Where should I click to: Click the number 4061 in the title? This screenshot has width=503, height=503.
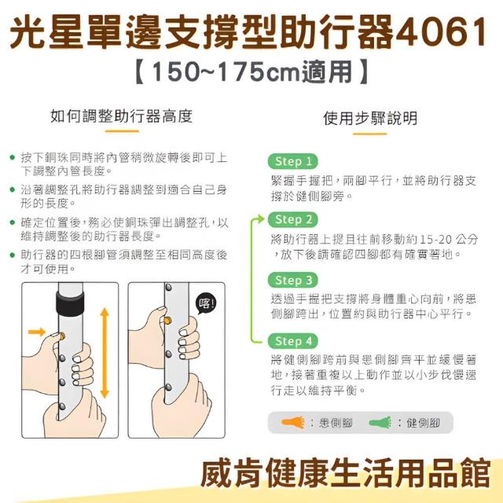442,32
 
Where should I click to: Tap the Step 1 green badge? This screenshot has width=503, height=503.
293,161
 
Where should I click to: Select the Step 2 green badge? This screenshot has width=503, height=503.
293,220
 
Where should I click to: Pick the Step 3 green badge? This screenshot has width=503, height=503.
293,280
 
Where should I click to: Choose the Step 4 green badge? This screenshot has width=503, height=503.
293,340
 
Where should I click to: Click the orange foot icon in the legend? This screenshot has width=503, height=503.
292,422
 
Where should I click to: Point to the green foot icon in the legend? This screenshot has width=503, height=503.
380,422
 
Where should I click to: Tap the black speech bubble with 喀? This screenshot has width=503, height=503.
206,303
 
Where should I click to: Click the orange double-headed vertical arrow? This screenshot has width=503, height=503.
105,353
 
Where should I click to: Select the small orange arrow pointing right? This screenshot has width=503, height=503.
37,332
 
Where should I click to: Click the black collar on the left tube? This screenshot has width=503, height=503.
70,303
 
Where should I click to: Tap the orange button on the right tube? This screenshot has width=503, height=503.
167,320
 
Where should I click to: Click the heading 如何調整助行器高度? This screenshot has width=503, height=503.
121,116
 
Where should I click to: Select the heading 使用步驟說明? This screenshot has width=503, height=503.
370,119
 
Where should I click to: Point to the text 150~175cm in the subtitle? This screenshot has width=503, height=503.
226,72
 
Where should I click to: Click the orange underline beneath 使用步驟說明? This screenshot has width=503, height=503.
370,134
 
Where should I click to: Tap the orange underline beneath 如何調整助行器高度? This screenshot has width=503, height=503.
122,131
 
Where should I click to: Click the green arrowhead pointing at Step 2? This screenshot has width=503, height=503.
260,219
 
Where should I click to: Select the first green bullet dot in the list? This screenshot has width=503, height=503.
13,157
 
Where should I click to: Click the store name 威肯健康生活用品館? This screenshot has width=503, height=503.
346,473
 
